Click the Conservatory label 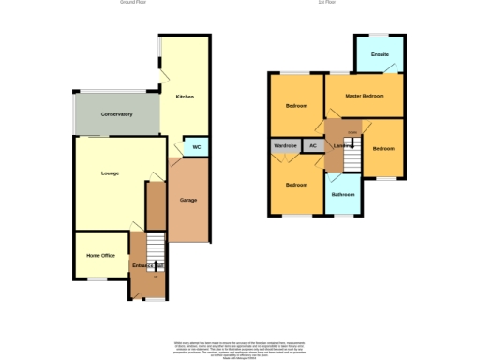coord(117,114)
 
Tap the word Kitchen coord(184,97)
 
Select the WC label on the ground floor coord(197,147)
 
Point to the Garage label coord(187,200)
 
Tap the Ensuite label coord(380,54)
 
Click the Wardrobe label coord(285,146)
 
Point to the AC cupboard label coord(314,146)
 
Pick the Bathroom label coord(342,195)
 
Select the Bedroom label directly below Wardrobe coord(296,185)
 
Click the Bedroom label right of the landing coord(383,148)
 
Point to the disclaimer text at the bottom coord(240,348)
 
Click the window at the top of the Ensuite coord(379,36)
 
